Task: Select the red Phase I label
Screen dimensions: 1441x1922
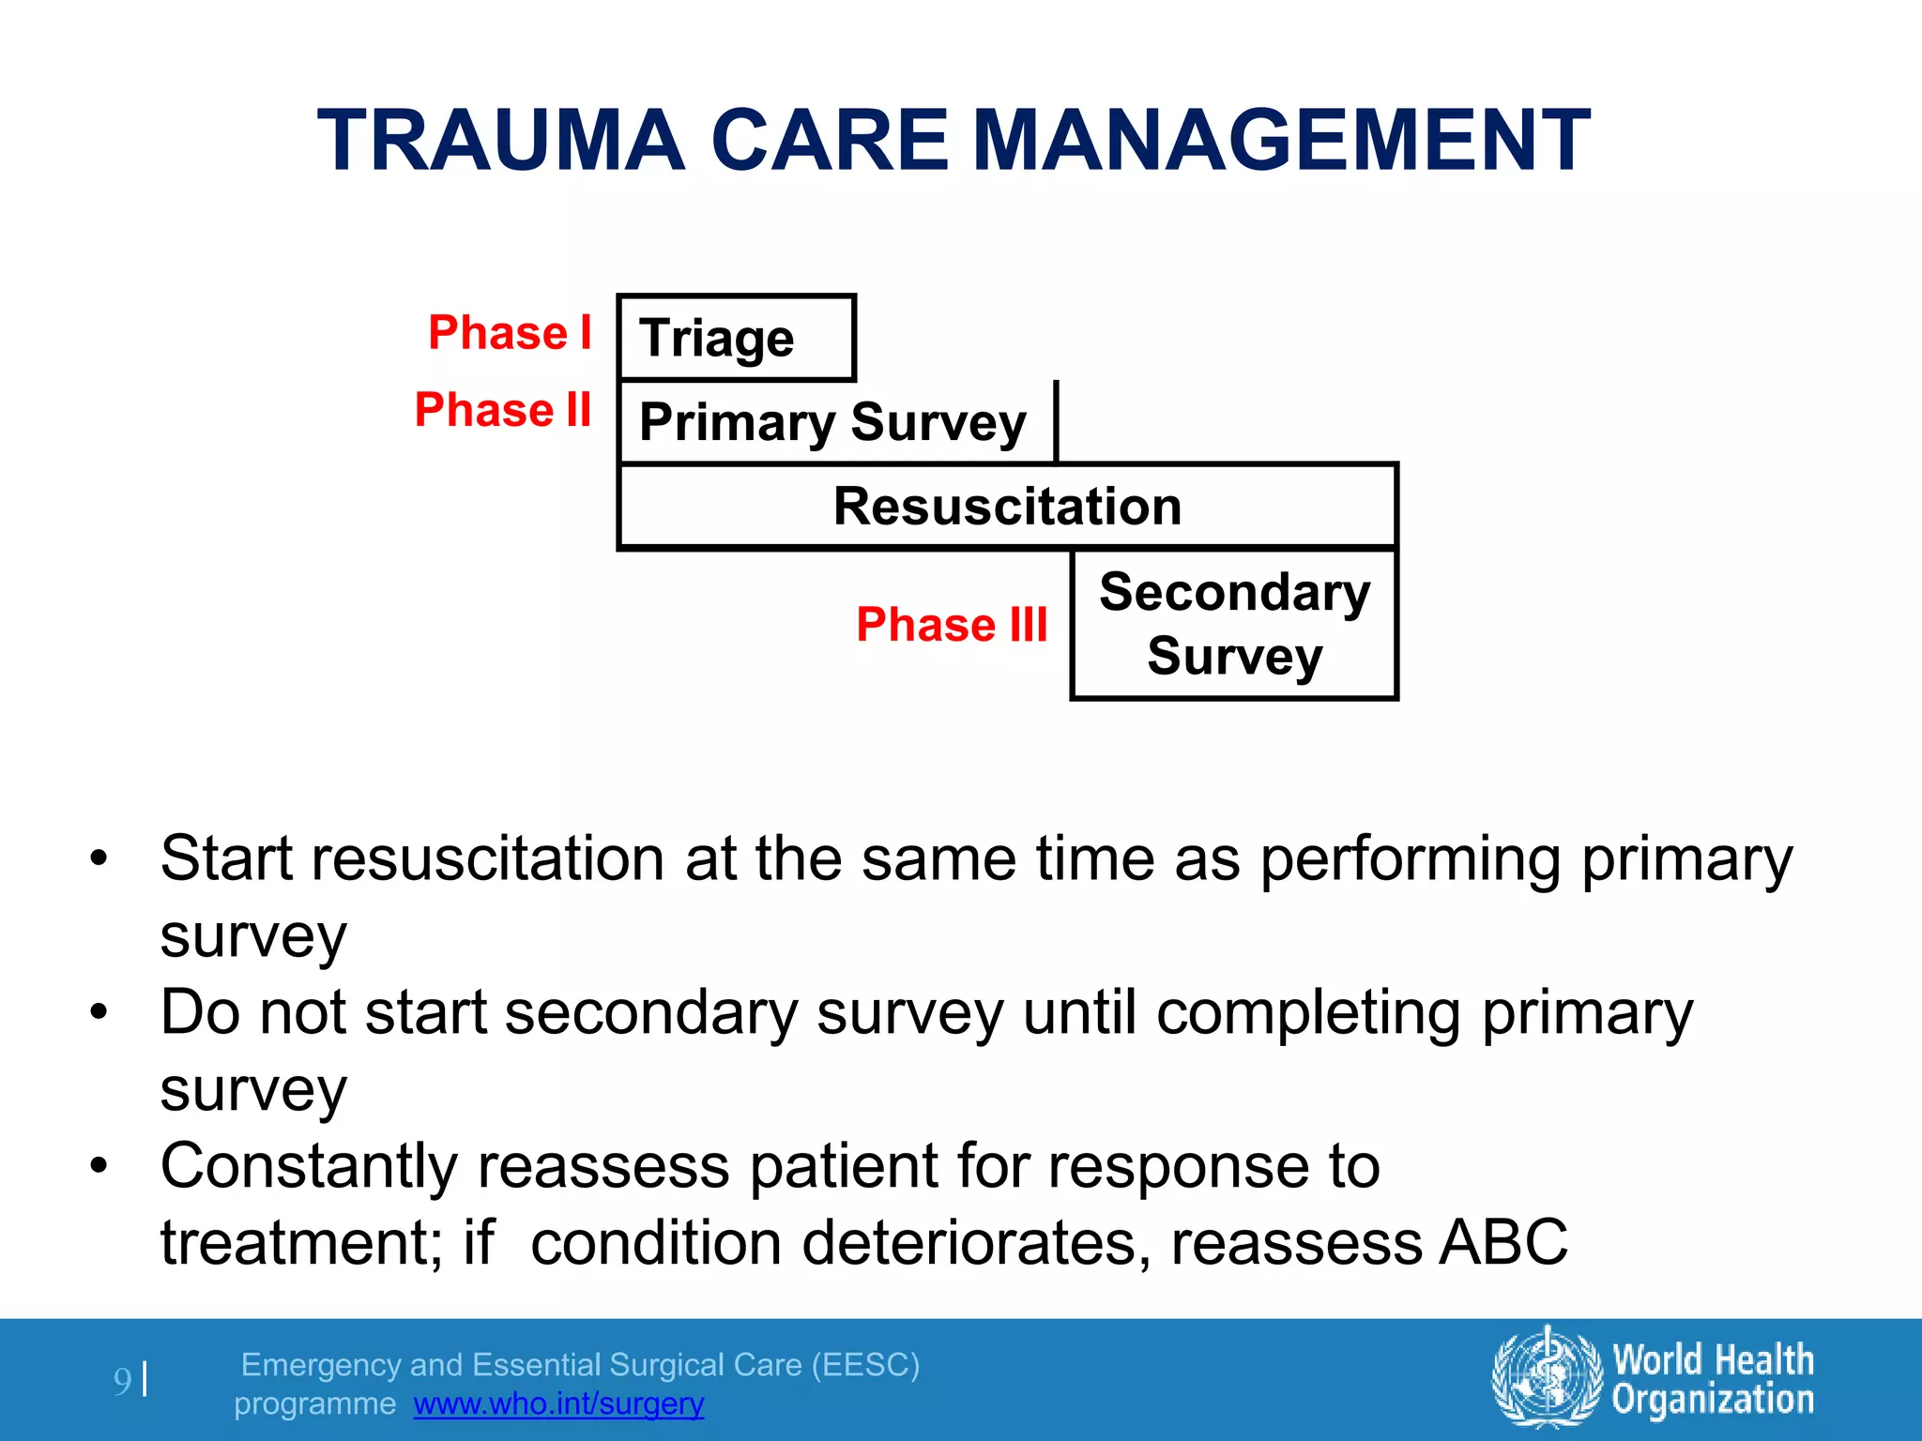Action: click(510, 333)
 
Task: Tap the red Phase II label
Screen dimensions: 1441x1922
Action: click(503, 410)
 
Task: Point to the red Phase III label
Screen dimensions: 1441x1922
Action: click(952, 625)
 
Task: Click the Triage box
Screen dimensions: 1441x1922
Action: click(737, 338)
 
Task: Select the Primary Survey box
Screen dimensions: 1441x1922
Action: click(835, 422)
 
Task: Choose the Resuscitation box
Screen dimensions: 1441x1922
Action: click(1007, 507)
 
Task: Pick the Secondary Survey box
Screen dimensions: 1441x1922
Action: click(1234, 624)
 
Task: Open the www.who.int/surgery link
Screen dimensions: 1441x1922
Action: click(558, 1403)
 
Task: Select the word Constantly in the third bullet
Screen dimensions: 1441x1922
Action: click(310, 1167)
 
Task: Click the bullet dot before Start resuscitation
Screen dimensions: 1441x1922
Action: click(99, 857)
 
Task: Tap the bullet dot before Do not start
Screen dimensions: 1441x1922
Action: click(99, 1012)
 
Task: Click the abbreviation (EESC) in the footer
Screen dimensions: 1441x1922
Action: click(865, 1364)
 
